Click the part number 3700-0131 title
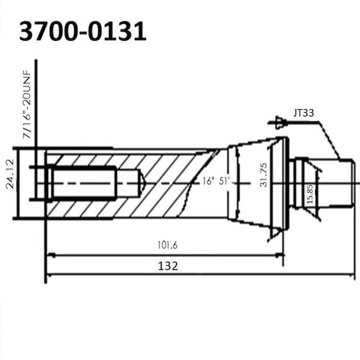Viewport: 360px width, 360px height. pos(82,32)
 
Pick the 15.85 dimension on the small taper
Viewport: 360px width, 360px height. pos(310,193)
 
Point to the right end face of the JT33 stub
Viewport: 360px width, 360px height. pos(354,182)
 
